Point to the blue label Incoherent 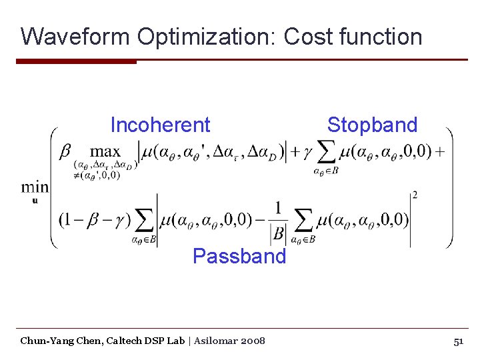tap(160, 125)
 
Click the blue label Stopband tap(372, 125)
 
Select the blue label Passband tap(239, 255)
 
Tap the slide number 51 tap(458, 341)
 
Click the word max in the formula tap(105, 151)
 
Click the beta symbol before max tap(65, 151)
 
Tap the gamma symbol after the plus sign tap(307, 152)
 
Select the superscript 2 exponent tap(415, 195)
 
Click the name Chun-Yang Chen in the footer tap(56, 341)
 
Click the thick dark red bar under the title tap(76, 61)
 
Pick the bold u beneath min tap(34, 201)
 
